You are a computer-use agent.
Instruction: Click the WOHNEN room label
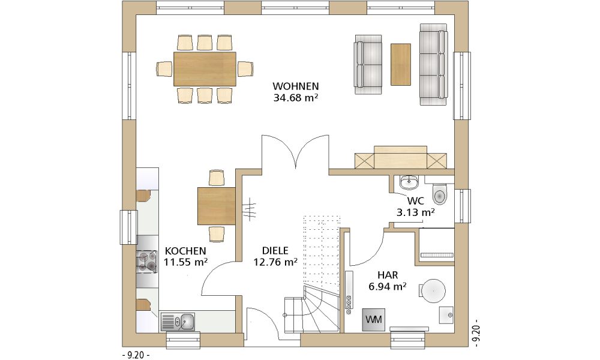295,86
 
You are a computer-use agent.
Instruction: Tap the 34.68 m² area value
296,98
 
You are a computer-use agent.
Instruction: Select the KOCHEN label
185,251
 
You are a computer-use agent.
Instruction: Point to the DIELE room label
275,251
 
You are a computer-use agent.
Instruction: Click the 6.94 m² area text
387,286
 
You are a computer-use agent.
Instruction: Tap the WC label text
416,201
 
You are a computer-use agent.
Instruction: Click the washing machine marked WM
373,319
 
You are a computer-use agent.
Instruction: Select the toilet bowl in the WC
440,194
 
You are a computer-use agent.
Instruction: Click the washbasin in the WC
409,182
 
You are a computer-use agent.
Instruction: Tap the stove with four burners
146,262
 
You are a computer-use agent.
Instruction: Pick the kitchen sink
178,322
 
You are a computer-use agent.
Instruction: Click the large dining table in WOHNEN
205,69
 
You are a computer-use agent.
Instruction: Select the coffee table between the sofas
401,64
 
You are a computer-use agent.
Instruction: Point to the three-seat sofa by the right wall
434,64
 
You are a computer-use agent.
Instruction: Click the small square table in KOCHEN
216,206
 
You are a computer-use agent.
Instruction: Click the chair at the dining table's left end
164,69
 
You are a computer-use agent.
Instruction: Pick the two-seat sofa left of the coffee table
368,64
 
